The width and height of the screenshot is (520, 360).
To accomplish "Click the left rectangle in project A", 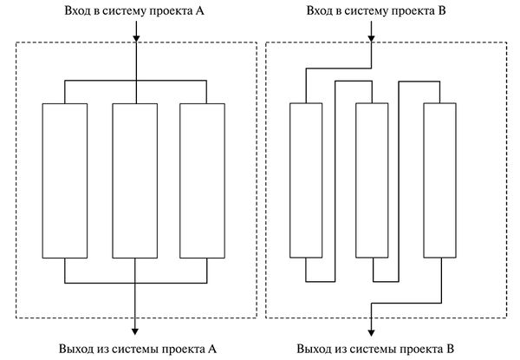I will point(66,180).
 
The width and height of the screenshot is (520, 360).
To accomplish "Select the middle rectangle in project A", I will point(136,180).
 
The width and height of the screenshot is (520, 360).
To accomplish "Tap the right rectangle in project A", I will point(205,180).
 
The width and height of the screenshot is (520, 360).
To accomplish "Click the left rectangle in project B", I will point(305,180).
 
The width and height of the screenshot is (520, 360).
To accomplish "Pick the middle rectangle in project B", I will point(370,180).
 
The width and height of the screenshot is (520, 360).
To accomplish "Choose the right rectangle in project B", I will point(439,180).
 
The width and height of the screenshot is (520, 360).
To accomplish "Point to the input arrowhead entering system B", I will point(371,38).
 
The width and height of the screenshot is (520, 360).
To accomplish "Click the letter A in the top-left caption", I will point(201,11).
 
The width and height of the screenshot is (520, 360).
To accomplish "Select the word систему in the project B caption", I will point(368,11).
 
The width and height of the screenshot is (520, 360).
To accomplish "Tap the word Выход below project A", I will point(76,349).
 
